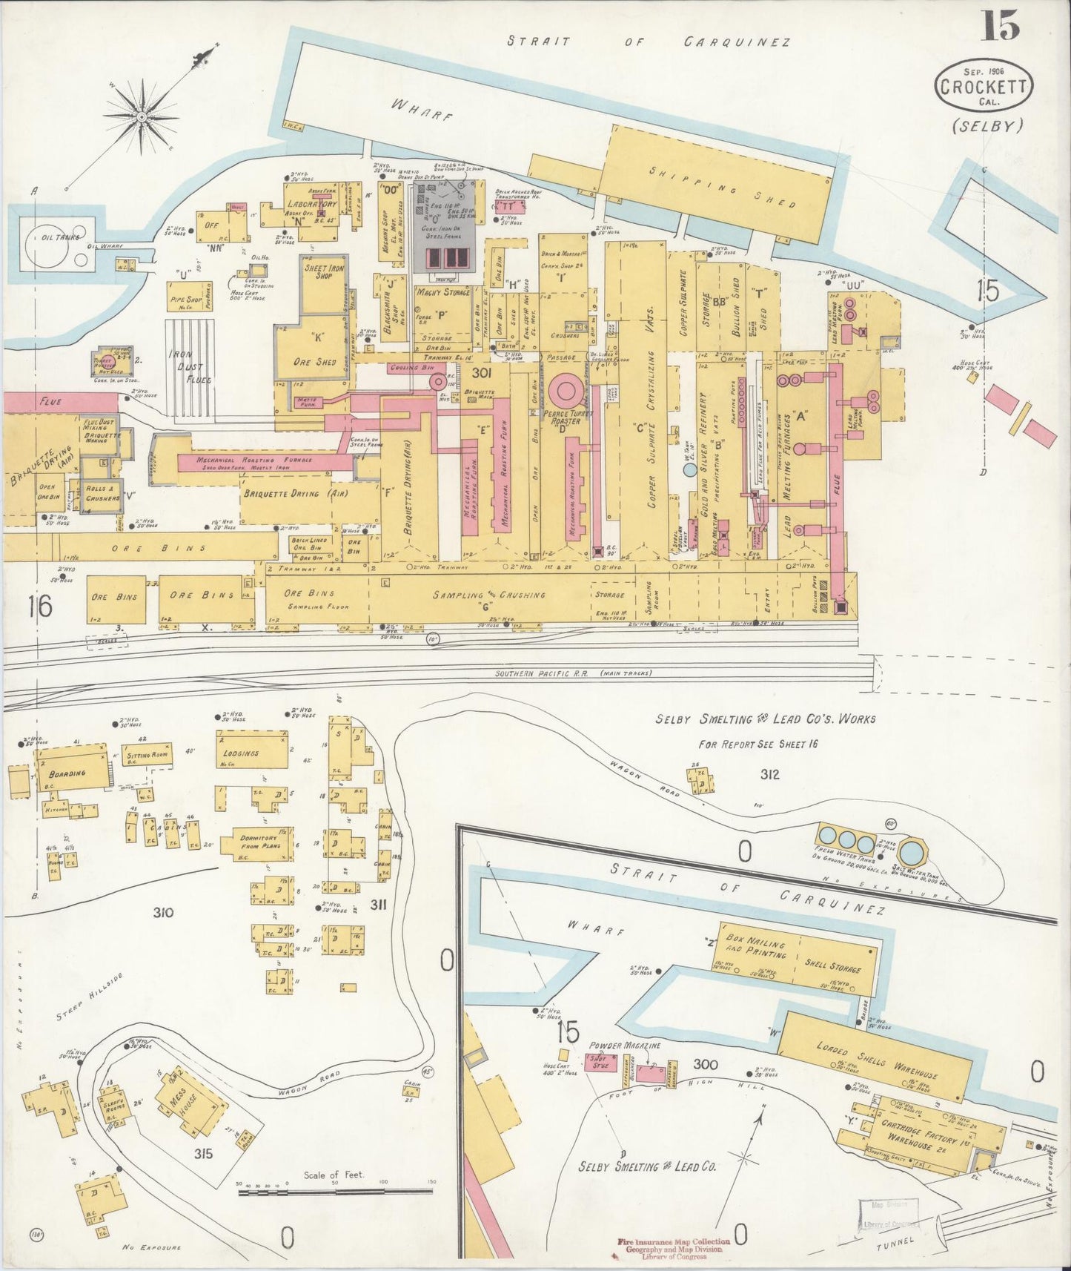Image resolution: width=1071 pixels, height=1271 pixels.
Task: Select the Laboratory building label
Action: click(312, 204)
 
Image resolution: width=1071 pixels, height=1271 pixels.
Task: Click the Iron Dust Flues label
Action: click(189, 367)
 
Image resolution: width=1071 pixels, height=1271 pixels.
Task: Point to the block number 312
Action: click(769, 774)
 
